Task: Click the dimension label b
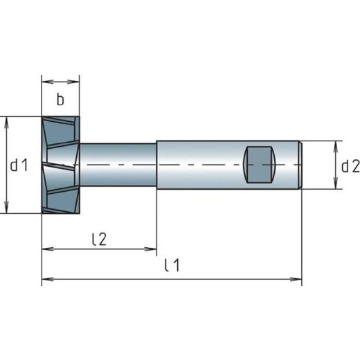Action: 60,100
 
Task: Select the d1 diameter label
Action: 19,165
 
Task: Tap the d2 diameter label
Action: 350,165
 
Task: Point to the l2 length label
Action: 99,239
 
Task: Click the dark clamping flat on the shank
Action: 262,165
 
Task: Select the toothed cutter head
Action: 61,165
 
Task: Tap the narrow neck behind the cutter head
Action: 118,165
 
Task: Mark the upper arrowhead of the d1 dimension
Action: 7,120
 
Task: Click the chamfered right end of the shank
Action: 300,165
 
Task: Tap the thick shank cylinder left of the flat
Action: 201,165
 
